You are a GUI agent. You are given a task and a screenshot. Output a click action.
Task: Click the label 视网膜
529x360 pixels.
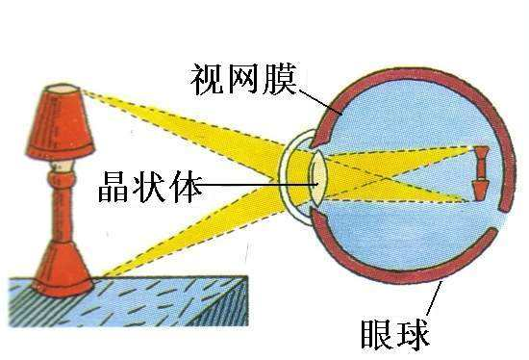tap(243, 79)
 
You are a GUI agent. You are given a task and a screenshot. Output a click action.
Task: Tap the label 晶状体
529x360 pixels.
tap(150, 187)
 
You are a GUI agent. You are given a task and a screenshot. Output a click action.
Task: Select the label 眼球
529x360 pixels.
tap(395, 334)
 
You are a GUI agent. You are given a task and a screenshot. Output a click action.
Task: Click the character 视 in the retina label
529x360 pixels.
tap(207, 79)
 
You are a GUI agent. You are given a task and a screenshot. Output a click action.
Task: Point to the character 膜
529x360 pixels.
tap(280, 79)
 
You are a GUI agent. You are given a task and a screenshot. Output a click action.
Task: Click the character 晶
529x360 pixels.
tap(113, 187)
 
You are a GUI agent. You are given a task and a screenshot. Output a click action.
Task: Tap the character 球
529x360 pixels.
tap(414, 334)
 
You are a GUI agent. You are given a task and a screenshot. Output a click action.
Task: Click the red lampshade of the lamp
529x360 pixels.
tap(60, 121)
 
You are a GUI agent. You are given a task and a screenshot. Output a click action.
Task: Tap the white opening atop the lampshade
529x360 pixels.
tap(63, 89)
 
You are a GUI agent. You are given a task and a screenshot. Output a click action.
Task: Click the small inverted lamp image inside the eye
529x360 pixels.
tap(481, 173)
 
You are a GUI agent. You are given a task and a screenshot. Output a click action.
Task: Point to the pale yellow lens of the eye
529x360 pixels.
tap(319, 179)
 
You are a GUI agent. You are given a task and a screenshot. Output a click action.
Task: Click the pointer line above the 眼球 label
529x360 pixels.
tap(434, 299)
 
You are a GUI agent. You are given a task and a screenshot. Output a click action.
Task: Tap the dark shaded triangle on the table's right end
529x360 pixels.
tap(224, 303)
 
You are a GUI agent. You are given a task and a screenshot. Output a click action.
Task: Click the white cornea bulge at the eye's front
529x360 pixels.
tap(294, 179)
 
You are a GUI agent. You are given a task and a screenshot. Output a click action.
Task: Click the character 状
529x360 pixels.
tap(149, 187)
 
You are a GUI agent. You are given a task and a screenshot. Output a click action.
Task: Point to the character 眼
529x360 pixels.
tap(377, 334)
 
